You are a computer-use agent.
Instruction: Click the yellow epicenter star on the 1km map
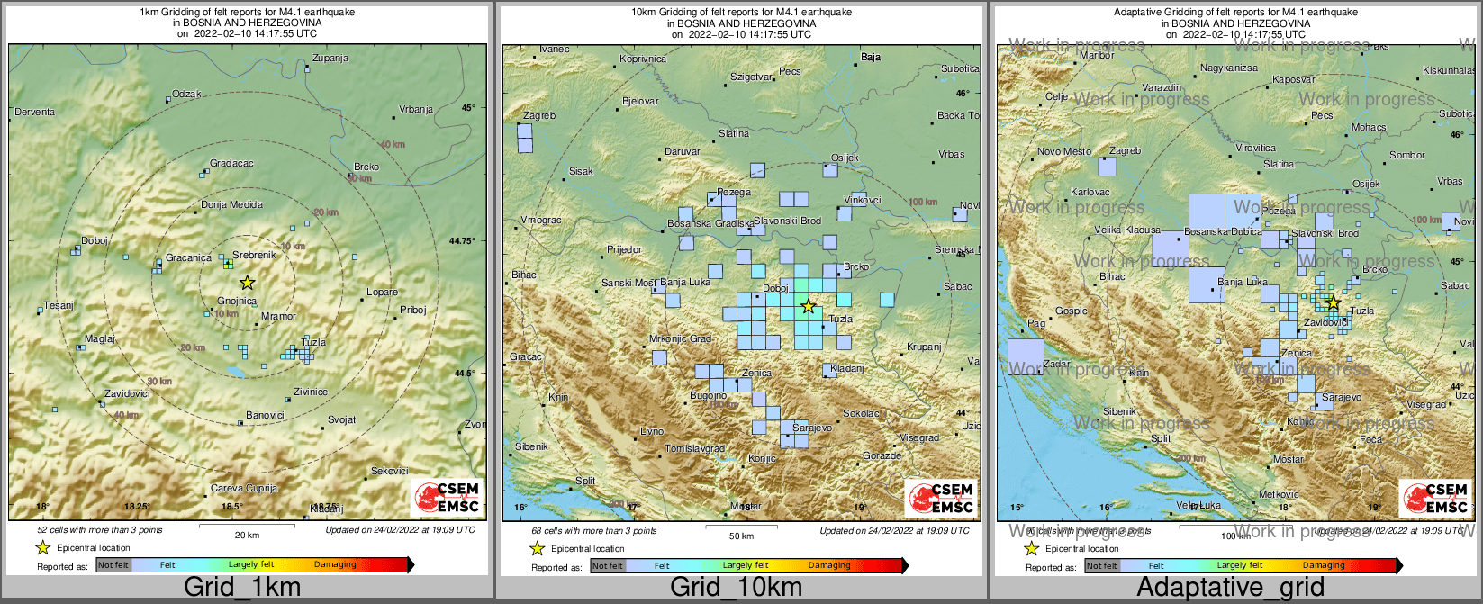point(248,282)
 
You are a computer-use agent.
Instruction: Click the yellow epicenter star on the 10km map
point(809,306)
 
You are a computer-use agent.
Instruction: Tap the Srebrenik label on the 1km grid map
point(254,256)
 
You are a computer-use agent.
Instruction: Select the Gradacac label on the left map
point(231,164)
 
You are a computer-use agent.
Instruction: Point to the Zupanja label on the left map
point(330,59)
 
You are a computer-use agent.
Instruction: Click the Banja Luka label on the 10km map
point(686,283)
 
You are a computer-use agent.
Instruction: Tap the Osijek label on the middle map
point(845,158)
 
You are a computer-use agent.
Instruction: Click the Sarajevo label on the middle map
point(812,428)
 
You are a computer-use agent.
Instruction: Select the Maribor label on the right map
point(1097,56)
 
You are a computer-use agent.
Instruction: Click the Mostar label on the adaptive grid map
point(1288,459)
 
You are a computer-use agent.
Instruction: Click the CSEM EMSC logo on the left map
point(448,498)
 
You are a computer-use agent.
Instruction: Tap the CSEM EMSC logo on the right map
point(1436,498)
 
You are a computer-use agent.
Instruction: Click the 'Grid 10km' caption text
point(736,588)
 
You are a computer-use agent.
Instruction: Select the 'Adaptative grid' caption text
point(1230,588)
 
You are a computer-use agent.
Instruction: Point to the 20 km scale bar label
point(247,536)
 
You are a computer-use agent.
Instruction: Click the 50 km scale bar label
point(741,536)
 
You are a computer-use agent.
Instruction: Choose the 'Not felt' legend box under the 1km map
point(113,565)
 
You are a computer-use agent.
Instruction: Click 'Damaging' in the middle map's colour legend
point(828,565)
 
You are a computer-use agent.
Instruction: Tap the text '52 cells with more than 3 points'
point(100,530)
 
